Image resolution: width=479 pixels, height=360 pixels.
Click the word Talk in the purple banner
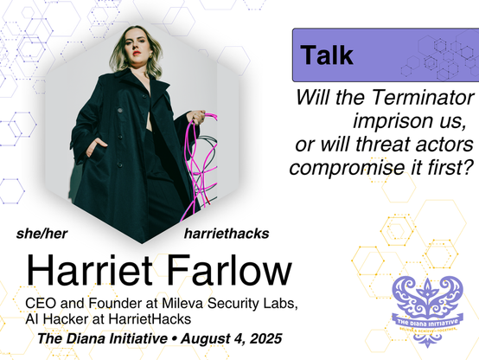pos(327,55)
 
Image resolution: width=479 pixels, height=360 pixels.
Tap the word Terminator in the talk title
pos(423,98)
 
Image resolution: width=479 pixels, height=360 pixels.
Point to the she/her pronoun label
pos(42,234)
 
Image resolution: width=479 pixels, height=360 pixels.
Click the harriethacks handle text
pos(227,234)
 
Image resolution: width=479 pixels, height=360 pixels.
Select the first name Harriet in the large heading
pos(89,270)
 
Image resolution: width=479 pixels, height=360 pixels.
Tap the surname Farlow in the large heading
pos(229,270)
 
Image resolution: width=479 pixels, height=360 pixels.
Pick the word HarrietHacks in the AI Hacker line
pos(150,319)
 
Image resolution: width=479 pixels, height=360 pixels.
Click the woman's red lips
pos(137,53)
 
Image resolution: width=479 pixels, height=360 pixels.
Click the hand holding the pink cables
pos(196,117)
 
